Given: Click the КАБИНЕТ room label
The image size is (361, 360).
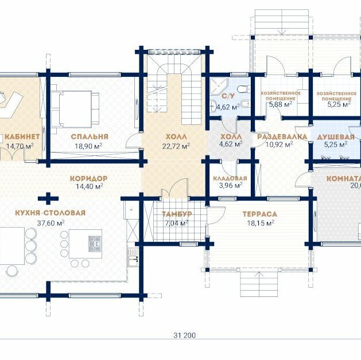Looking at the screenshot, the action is [x=22, y=137].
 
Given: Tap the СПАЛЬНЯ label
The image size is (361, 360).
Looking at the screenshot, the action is [x=90, y=136].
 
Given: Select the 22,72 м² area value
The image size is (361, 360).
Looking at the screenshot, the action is [x=176, y=146].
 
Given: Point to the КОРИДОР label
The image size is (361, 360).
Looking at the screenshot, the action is [x=88, y=178].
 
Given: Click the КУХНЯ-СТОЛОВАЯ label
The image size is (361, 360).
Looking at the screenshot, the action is [x=50, y=213].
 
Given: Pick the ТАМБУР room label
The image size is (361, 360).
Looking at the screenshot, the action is [x=177, y=214].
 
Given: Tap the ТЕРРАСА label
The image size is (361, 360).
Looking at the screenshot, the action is [x=260, y=214].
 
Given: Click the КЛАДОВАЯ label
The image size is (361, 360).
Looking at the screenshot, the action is [x=230, y=178].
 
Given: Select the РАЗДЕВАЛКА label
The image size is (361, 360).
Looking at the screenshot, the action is [x=282, y=137].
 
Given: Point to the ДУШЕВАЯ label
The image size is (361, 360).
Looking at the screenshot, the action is [x=336, y=137].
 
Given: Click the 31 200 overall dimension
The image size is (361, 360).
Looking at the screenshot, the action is [x=184, y=335].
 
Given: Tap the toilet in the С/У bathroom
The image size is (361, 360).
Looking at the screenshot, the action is [x=244, y=89].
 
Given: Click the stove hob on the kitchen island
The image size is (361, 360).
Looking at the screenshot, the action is [x=95, y=244].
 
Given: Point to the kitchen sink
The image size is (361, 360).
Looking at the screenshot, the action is [x=133, y=259].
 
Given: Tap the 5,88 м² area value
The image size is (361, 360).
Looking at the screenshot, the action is [x=281, y=104].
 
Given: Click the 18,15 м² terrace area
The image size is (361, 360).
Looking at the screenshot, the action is [x=261, y=223].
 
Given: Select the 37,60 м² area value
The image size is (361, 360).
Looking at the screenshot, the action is [x=51, y=223].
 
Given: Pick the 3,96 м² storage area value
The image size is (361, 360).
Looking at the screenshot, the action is [x=231, y=185].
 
